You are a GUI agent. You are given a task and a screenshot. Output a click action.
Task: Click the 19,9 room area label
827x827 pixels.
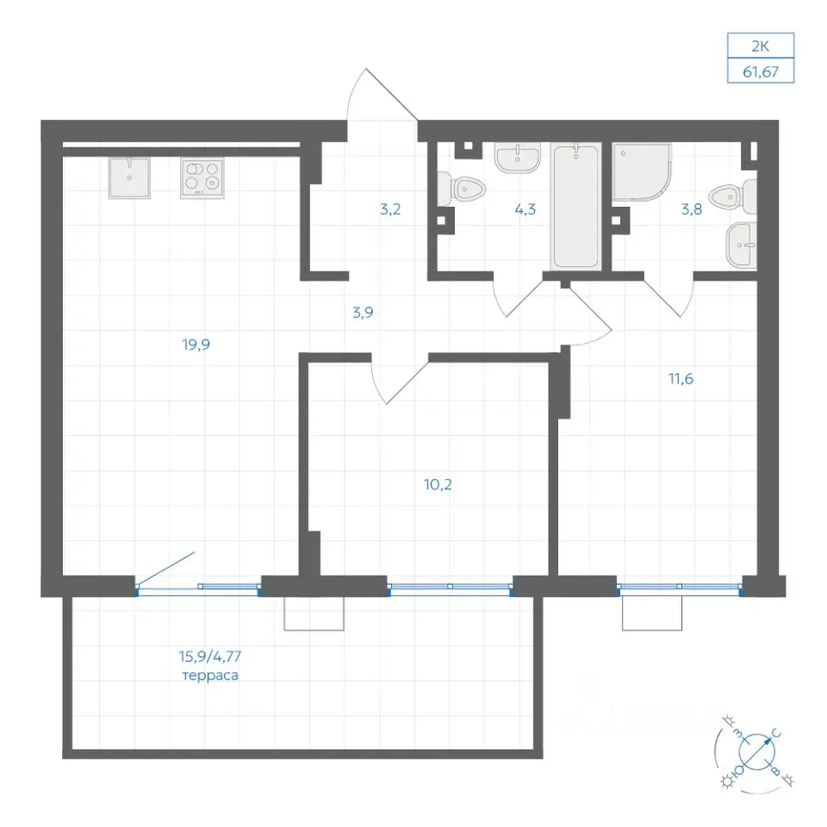pyautogui.click(x=196, y=345)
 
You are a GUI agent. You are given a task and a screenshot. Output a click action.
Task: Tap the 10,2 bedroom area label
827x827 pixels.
pyautogui.click(x=438, y=484)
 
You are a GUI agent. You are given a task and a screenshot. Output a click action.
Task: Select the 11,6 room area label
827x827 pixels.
pyautogui.click(x=681, y=379)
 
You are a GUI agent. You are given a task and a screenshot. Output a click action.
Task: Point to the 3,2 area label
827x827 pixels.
pyautogui.click(x=390, y=209)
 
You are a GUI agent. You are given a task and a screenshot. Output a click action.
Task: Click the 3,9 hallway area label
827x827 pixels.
pyautogui.click(x=363, y=313)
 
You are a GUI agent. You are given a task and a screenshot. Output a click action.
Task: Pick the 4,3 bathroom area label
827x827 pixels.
pyautogui.click(x=525, y=209)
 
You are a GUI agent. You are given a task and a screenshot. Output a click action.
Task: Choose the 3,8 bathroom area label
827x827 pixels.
pyautogui.click(x=692, y=209)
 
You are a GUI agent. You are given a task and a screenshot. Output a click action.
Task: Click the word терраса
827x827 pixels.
pyautogui.click(x=210, y=675)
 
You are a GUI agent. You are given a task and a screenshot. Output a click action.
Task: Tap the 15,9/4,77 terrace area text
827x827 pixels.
pyautogui.click(x=210, y=656)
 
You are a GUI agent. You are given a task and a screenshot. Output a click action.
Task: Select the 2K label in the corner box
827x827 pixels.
pyautogui.click(x=760, y=47)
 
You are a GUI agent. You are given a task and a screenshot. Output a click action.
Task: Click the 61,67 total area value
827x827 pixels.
pyautogui.click(x=761, y=72)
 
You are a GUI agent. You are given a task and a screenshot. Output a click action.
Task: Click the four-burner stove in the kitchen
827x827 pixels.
pyautogui.click(x=202, y=178)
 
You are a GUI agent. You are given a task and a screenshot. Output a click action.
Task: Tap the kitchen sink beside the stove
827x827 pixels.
pyautogui.click(x=130, y=177)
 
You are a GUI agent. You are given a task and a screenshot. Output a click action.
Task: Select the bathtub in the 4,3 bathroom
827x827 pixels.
pyautogui.click(x=575, y=206)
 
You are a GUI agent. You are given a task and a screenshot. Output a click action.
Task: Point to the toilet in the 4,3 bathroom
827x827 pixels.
pyautogui.click(x=462, y=189)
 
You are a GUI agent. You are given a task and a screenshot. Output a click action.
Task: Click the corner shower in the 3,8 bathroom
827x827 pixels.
pyautogui.click(x=641, y=172)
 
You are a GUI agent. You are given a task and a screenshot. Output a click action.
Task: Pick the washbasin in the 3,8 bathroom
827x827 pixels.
pyautogui.click(x=741, y=246)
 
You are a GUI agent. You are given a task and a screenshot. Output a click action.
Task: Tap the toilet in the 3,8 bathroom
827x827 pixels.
pyautogui.click(x=733, y=197)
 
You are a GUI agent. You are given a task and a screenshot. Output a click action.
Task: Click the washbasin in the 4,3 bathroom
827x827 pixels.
pyautogui.click(x=518, y=158)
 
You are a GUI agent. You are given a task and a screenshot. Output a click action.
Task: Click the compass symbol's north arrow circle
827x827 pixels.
pyautogui.click(x=756, y=751)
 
